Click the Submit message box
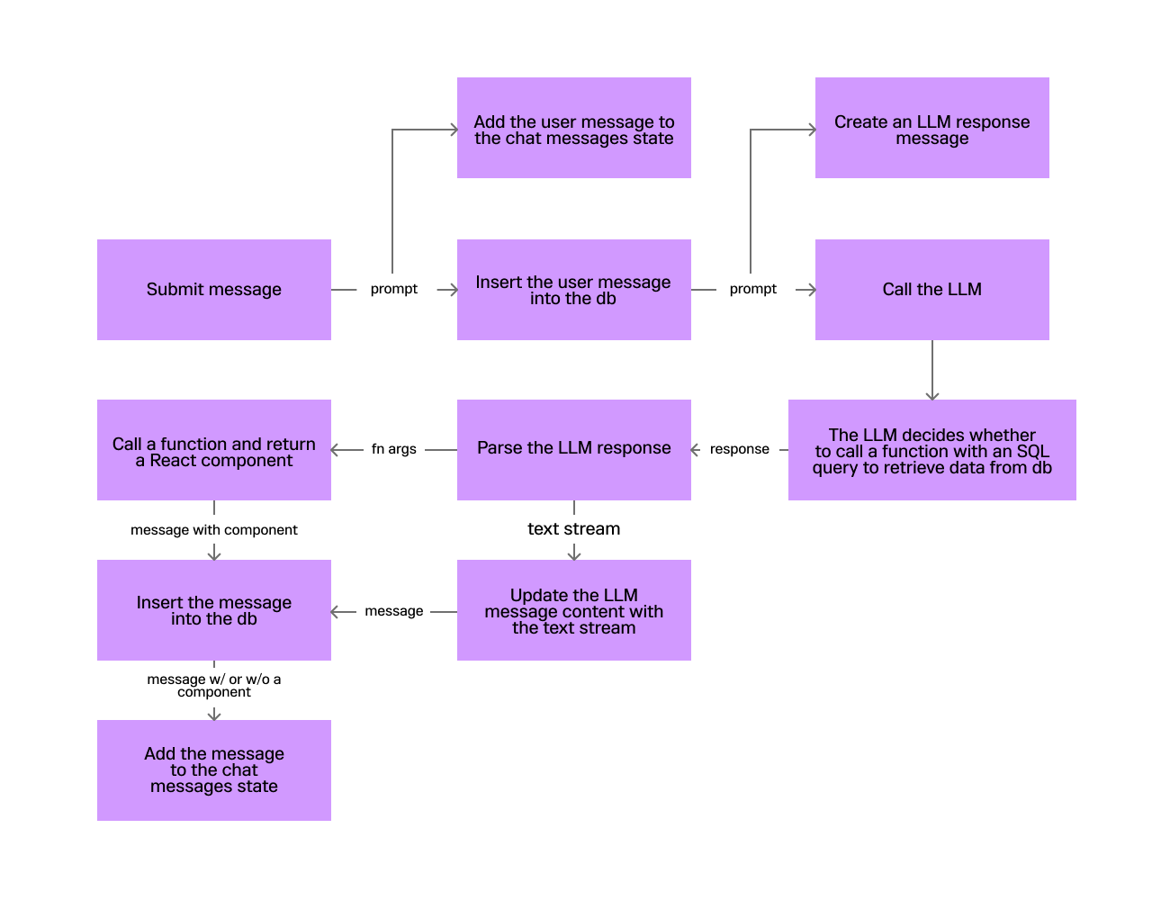(214, 290)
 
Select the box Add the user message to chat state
(574, 128)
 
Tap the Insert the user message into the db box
(574, 290)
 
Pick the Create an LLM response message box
(932, 128)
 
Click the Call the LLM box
(932, 290)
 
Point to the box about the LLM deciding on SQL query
(932, 450)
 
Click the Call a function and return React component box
(214, 450)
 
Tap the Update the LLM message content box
(574, 610)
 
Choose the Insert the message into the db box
(214, 610)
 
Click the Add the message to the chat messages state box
(214, 770)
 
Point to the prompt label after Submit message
(394, 289)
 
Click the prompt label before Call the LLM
(753, 289)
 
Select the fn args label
(394, 449)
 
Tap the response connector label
(740, 449)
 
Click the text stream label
(574, 529)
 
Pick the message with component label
(214, 530)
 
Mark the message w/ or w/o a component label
(214, 685)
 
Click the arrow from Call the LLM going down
(932, 370)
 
